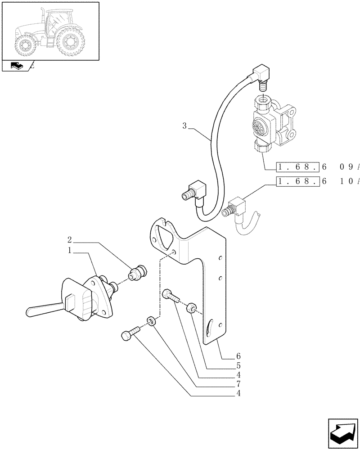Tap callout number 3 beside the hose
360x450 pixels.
pos(184,126)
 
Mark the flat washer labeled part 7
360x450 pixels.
pos(152,321)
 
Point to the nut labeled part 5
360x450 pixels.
pos(191,308)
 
